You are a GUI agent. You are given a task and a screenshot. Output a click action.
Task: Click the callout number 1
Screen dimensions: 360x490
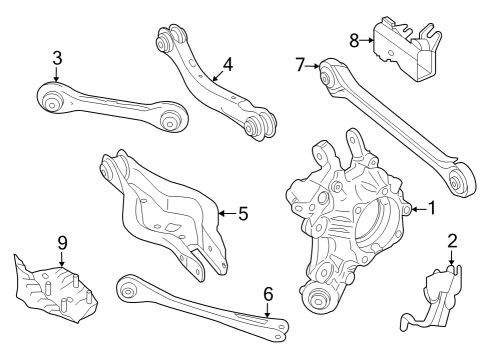click(x=432, y=209)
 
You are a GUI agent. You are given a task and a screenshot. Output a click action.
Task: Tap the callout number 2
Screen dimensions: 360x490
click(x=452, y=241)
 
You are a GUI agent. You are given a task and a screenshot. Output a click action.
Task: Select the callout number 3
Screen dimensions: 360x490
click(x=57, y=58)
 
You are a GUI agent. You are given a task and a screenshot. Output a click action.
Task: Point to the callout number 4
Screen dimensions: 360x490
click(x=228, y=65)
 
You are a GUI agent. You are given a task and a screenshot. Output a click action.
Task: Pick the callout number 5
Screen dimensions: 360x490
click(x=243, y=212)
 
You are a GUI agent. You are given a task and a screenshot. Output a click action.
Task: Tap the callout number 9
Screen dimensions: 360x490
click(x=61, y=243)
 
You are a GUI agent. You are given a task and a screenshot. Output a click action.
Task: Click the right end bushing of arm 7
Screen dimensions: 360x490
click(x=461, y=179)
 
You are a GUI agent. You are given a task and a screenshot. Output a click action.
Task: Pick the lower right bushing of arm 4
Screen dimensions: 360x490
click(x=263, y=124)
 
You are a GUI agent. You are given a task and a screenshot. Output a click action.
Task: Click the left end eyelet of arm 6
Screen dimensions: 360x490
click(x=128, y=290)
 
